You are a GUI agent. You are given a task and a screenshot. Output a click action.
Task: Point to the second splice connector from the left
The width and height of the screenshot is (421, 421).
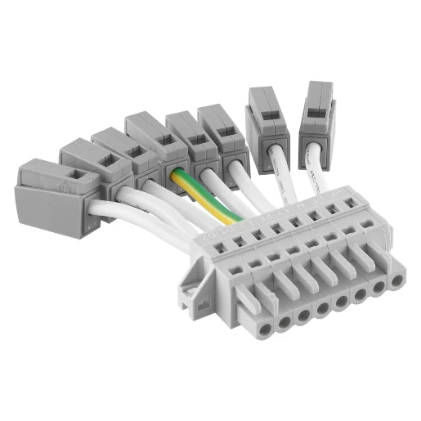[x=87, y=164]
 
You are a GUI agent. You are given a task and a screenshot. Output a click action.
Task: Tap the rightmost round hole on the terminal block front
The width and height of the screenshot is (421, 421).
[x=397, y=281]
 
